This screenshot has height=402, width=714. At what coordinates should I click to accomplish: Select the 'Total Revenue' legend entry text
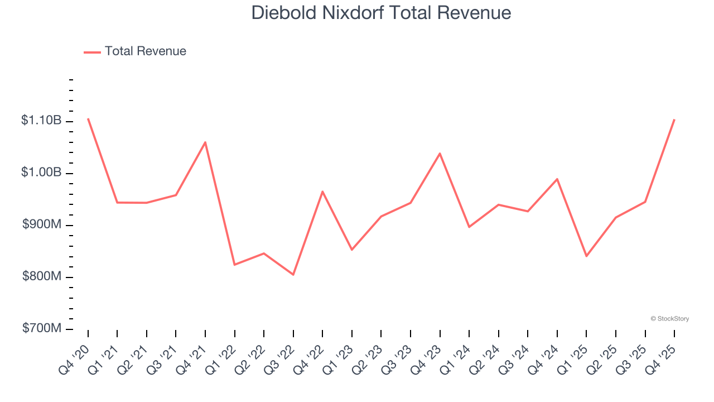point(145,51)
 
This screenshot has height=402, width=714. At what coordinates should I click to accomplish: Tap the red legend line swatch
point(92,52)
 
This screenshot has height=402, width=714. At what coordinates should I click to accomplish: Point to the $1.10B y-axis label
point(41,120)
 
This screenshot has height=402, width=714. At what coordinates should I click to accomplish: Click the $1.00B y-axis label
point(41,173)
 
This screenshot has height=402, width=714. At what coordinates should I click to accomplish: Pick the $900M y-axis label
point(42,224)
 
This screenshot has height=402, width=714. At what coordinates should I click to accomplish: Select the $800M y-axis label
point(42,276)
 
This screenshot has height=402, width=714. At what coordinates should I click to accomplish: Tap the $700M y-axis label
point(42,328)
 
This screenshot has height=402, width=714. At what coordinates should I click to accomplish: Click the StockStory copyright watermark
point(669,319)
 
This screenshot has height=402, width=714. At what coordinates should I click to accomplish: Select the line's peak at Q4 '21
point(205,142)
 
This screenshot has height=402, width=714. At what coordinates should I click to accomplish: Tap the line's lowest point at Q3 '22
point(293,274)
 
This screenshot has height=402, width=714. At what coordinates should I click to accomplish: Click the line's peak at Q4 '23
point(440,154)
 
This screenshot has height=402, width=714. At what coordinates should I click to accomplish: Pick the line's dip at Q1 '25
point(586,256)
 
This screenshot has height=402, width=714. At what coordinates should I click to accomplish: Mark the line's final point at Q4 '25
point(674,119)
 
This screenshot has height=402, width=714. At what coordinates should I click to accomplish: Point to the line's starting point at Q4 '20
point(88,118)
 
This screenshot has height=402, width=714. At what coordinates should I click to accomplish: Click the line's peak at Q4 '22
point(322,192)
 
